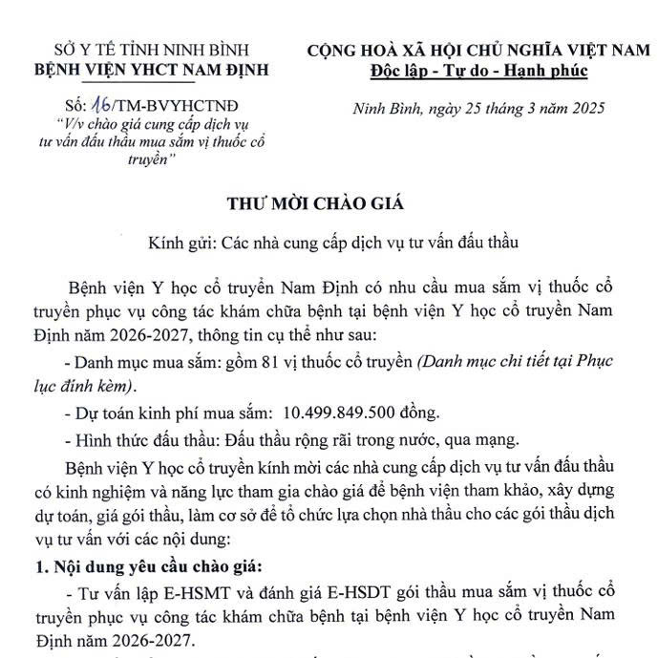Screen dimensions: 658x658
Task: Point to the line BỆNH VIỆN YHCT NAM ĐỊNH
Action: [151, 69]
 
